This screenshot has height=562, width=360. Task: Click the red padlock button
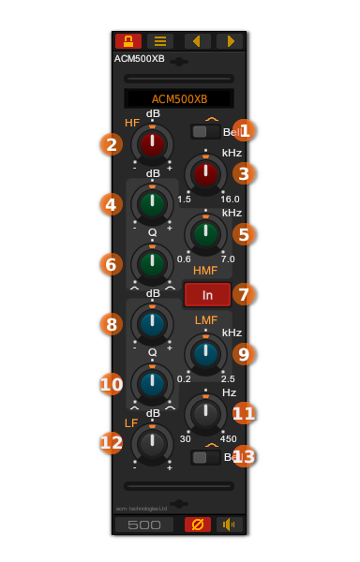pyautogui.click(x=128, y=41)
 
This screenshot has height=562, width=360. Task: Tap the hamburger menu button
pyautogui.click(x=160, y=41)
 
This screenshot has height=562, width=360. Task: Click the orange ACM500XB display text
pyautogui.click(x=179, y=99)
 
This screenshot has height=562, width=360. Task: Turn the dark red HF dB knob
pyautogui.click(x=152, y=143)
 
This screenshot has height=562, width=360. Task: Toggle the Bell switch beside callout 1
pyautogui.click(x=205, y=132)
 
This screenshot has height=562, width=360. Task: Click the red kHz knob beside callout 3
pyautogui.click(x=205, y=173)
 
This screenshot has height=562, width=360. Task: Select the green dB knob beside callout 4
pyautogui.click(x=152, y=203)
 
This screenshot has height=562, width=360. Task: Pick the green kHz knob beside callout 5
pyautogui.click(x=205, y=233)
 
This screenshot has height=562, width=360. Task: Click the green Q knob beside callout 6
pyautogui.click(x=152, y=263)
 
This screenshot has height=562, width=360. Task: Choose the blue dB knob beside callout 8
pyautogui.click(x=152, y=323)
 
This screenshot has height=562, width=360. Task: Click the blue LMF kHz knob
pyautogui.click(x=205, y=353)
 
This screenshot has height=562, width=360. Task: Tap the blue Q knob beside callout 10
pyautogui.click(x=152, y=383)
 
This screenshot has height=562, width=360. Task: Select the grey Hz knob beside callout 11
pyautogui.click(x=205, y=413)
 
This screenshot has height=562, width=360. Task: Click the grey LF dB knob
pyautogui.click(x=152, y=443)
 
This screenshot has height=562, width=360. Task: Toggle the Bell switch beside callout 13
pyautogui.click(x=205, y=457)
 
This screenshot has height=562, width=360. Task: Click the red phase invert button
pyautogui.click(x=198, y=525)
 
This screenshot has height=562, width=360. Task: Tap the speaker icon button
pyautogui.click(x=229, y=525)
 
